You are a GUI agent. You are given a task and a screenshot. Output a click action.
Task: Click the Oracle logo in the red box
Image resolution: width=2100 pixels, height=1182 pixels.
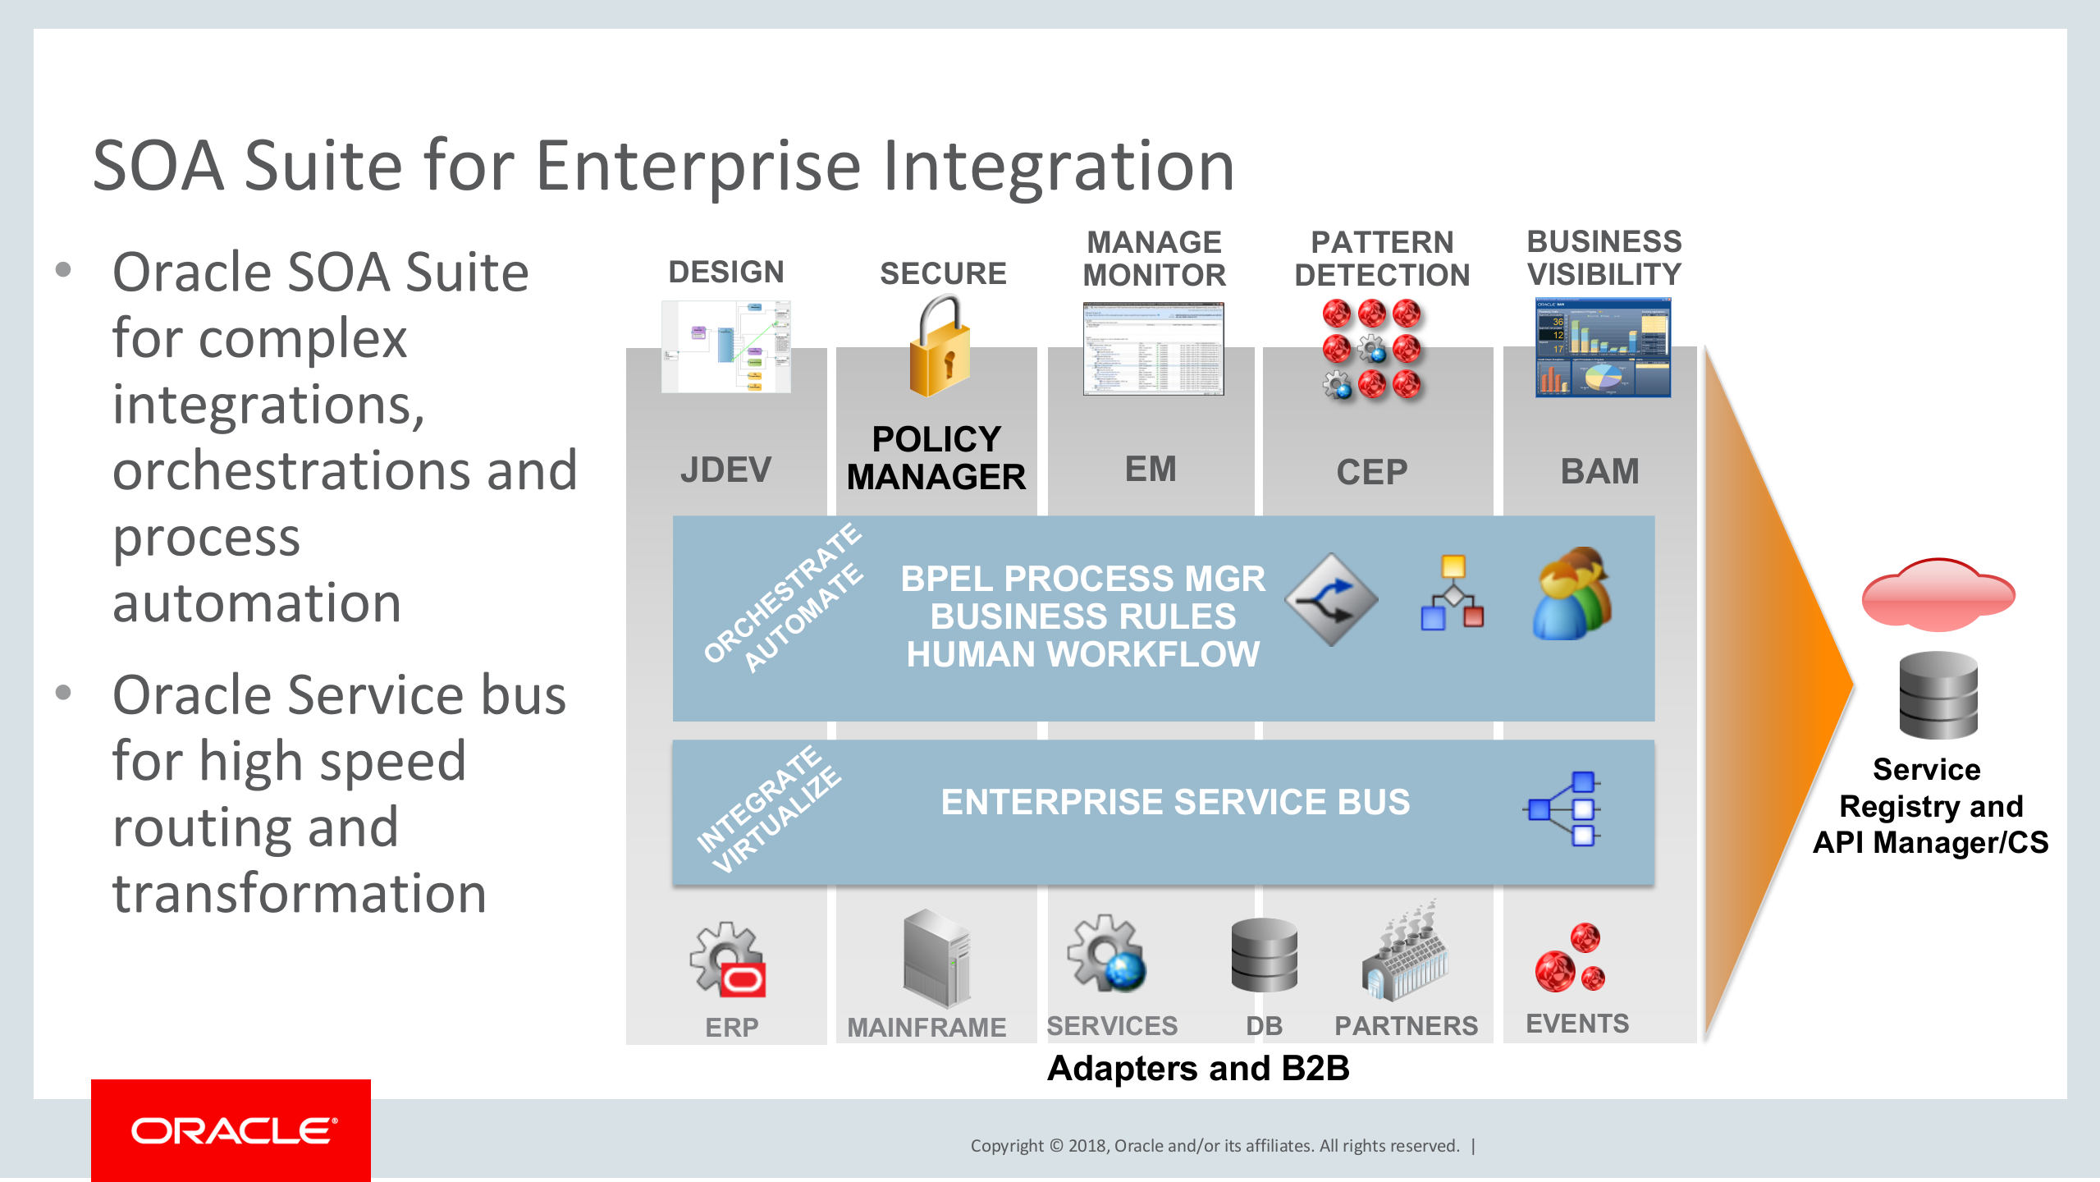233,1131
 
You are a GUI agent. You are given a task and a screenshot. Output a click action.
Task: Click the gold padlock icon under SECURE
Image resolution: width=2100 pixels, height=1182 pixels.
940,349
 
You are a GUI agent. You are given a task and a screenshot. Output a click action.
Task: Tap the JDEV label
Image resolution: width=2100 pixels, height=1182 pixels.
725,470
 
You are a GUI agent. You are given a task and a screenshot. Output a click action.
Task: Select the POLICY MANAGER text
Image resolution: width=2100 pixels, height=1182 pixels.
936,458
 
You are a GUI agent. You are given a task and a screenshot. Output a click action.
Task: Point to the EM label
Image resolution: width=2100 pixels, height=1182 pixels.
1151,470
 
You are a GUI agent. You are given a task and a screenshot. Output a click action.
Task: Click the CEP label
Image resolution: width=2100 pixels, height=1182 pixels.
1371,472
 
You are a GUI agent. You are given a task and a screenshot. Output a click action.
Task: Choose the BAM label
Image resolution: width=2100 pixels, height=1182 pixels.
1599,471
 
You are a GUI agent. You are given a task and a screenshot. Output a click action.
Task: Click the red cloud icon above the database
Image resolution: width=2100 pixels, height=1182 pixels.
1938,595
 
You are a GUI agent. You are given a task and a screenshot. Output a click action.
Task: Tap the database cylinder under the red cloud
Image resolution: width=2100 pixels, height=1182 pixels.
1938,695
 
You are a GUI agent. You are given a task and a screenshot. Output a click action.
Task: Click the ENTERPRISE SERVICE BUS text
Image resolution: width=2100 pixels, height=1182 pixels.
1175,802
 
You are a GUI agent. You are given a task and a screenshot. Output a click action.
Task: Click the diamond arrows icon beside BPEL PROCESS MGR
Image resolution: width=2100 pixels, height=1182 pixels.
1331,599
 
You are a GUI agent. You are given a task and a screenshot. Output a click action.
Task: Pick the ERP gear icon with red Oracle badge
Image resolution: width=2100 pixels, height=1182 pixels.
728,960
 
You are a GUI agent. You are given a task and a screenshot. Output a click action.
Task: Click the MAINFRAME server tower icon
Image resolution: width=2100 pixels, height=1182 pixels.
936,958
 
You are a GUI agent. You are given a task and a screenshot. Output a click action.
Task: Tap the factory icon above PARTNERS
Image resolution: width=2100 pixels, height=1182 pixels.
1405,952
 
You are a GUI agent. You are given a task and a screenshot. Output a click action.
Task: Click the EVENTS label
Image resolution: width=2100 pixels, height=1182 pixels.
1577,1024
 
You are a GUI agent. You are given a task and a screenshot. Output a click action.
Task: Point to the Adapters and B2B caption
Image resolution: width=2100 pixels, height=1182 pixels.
1198,1069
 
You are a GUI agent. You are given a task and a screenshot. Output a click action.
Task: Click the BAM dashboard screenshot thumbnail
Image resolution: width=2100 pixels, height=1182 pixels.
1603,348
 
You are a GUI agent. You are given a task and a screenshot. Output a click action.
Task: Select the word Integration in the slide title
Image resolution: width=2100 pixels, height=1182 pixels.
1059,167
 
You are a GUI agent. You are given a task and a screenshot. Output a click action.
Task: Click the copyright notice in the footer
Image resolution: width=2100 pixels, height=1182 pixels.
1215,1146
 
